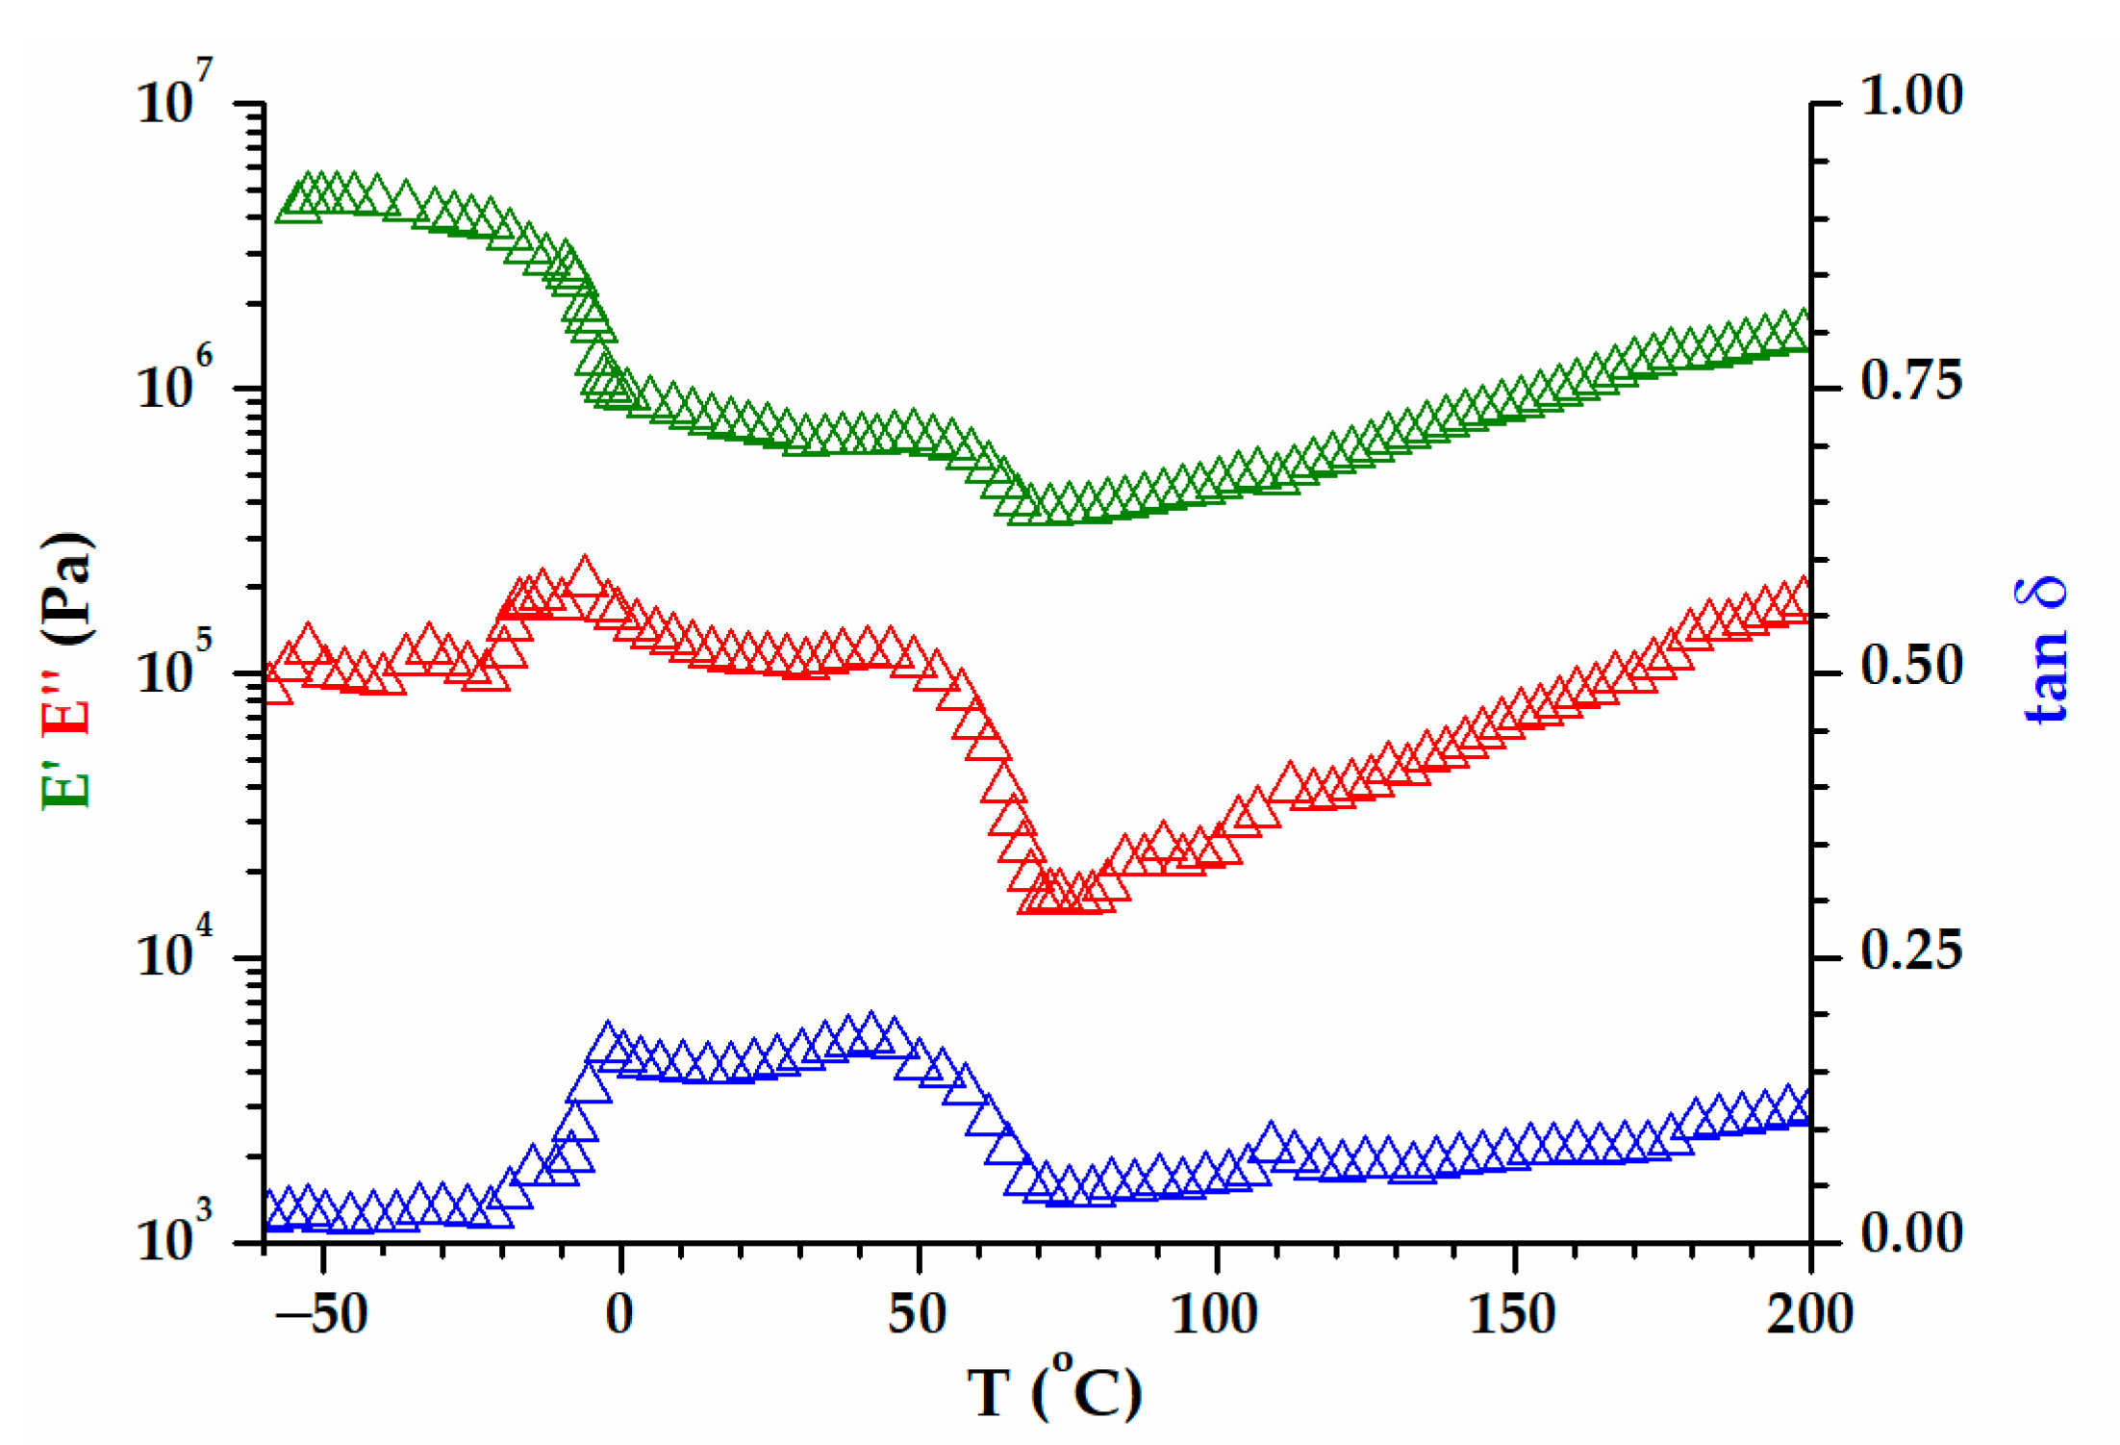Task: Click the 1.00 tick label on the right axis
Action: point(1910,96)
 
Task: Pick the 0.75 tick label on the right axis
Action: point(1910,381)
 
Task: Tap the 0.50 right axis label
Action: point(1910,666)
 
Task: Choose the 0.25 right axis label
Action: point(1910,951)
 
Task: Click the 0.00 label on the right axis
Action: point(1910,1234)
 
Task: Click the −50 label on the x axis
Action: point(321,1314)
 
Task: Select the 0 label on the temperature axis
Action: point(620,1314)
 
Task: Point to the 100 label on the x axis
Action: point(1214,1314)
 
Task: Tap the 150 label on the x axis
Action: point(1512,1314)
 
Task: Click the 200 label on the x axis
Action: point(1809,1314)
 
